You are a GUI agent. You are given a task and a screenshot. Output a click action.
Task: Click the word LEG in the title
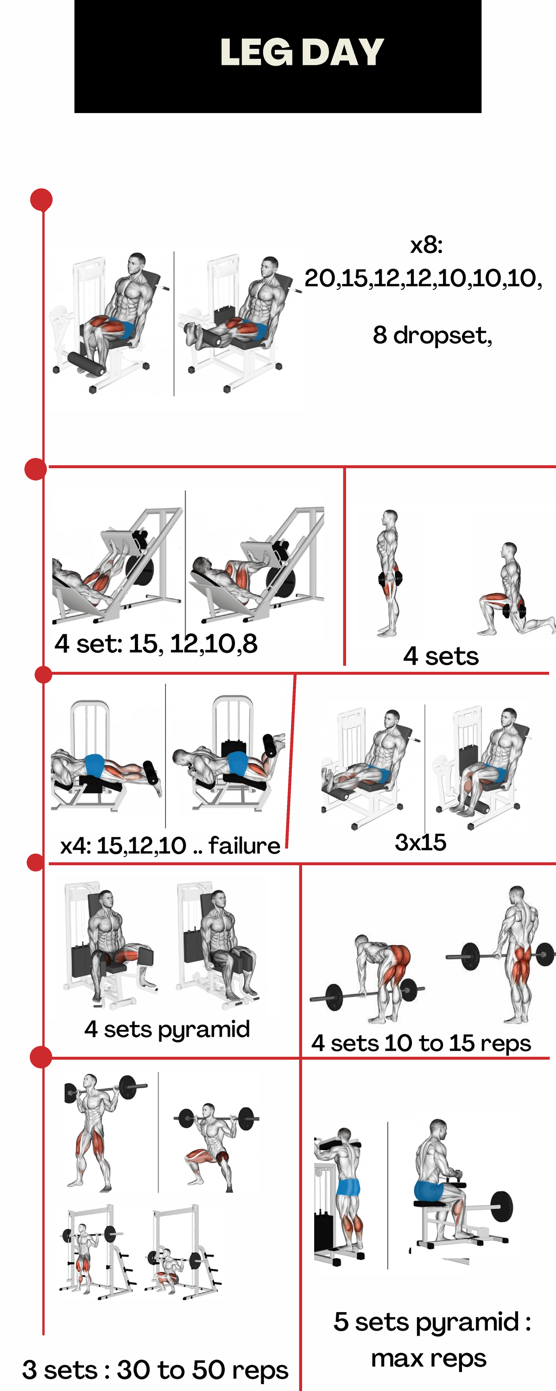coord(256,52)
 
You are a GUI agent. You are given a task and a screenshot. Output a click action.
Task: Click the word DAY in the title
coord(342,52)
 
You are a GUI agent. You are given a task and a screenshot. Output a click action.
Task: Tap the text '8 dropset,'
coord(432,335)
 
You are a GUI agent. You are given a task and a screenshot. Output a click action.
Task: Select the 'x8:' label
coord(426,245)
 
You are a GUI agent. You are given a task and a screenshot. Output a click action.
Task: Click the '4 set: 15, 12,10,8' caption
coord(156,644)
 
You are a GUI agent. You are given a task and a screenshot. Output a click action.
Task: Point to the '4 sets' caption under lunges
coord(441,656)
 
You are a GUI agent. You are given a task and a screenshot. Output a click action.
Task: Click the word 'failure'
coord(244,846)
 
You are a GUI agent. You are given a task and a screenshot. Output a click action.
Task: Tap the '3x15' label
coord(421,842)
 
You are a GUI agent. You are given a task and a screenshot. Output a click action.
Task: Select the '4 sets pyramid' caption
coord(167,1029)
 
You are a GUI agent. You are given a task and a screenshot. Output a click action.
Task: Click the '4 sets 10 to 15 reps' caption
coord(421,1043)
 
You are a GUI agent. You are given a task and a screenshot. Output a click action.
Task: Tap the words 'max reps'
coord(429,1358)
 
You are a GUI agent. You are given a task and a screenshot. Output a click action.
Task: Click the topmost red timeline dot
coord(41,200)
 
